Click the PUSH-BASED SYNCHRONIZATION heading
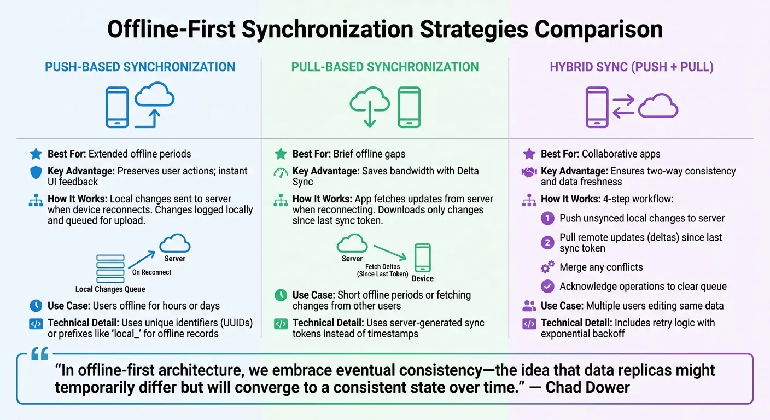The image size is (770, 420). click(140, 67)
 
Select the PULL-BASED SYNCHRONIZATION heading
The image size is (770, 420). click(385, 67)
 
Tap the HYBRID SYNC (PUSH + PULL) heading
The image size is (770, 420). click(631, 67)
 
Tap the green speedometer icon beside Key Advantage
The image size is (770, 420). click(280, 172)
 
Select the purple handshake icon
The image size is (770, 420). click(529, 172)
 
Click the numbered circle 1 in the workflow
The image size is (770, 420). click(547, 219)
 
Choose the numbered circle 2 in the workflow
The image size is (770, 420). click(547, 242)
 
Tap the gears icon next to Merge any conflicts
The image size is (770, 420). click(547, 267)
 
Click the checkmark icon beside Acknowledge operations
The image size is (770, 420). click(547, 287)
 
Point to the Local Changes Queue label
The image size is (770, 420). click(110, 289)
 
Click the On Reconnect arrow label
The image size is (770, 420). click(151, 272)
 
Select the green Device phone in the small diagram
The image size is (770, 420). click(423, 258)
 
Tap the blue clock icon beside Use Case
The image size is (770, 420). click(36, 306)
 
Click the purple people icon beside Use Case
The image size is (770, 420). click(529, 306)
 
